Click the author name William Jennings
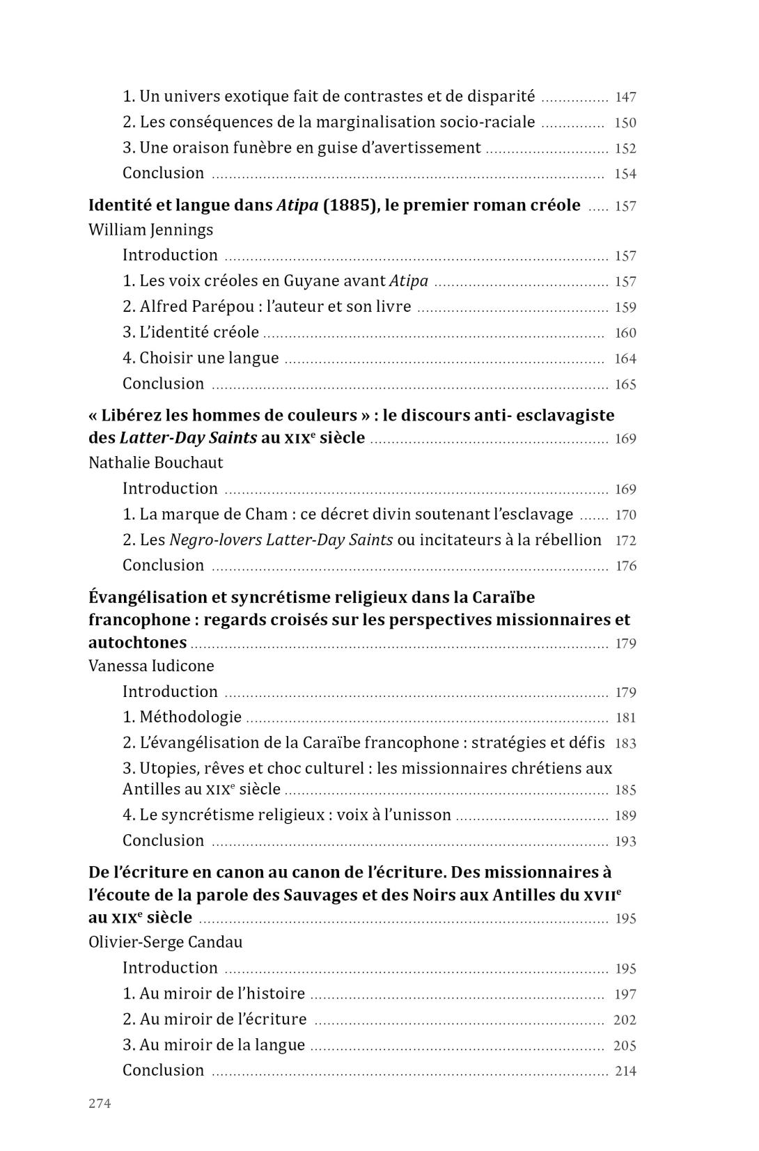150,230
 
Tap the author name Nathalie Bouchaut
155,463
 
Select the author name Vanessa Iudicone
151,666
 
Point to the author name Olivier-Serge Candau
166,943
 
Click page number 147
625,97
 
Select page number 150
625,123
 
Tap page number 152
625,149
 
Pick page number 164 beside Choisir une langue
625,359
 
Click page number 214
625,1072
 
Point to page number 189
625,816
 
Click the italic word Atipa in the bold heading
297,205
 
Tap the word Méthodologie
190,717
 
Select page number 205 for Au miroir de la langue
625,1046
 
